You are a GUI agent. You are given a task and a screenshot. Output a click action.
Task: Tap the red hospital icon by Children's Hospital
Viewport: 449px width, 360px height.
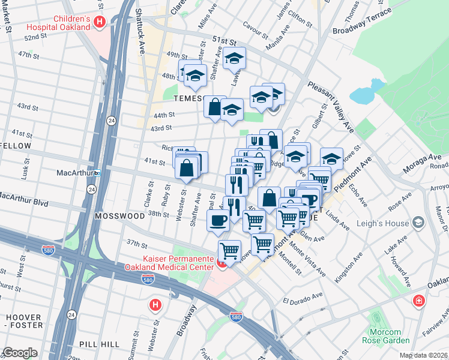click(x=100, y=23)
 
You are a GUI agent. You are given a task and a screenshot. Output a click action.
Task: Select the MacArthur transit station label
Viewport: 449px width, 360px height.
click(x=75, y=173)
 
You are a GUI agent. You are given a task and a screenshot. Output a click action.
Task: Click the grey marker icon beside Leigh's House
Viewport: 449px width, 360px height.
click(x=418, y=223)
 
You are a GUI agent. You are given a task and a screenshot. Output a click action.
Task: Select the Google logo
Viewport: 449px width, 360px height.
click(x=20, y=353)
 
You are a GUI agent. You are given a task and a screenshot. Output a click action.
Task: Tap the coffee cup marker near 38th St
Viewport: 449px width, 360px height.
click(x=217, y=220)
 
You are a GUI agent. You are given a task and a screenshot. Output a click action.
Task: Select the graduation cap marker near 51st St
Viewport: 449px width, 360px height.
click(x=235, y=58)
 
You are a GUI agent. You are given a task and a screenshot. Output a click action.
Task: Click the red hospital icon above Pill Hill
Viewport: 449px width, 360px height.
click(x=155, y=305)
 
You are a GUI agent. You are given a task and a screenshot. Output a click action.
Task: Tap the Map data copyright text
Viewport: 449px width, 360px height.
click(x=424, y=355)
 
